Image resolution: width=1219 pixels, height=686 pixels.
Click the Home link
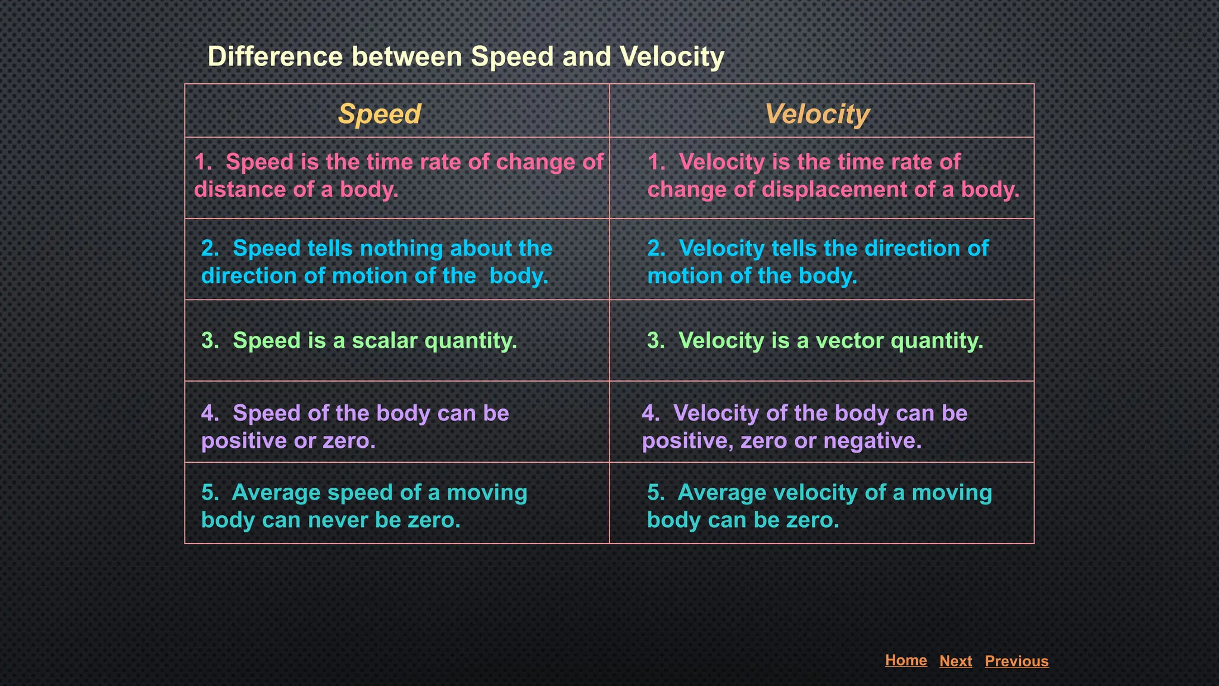[905, 660]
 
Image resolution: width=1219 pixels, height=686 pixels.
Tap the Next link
[955, 661]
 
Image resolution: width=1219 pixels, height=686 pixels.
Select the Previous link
[1016, 661]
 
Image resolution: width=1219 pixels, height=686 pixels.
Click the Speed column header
[379, 114]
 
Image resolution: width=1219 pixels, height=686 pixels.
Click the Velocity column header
[817, 114]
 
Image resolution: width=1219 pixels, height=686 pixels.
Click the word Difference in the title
[275, 57]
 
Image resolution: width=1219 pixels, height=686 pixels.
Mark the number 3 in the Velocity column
[653, 341]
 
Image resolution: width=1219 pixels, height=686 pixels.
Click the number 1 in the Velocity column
[653, 162]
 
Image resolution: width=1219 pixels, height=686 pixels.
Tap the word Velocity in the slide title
[672, 57]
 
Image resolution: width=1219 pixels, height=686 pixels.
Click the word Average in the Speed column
[276, 492]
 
